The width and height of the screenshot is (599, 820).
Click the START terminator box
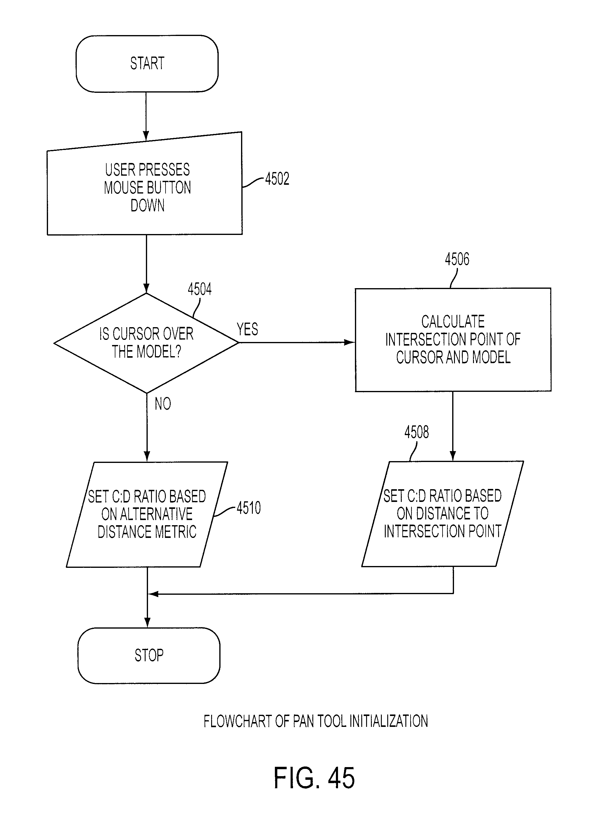point(147,63)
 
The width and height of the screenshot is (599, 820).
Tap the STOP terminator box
point(149,655)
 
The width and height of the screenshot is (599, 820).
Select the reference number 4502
point(277,179)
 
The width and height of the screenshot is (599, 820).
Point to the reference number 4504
point(199,289)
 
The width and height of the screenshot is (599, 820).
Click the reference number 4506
point(457,259)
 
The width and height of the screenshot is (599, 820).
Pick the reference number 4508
point(416,432)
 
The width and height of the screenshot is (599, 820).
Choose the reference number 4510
point(249,508)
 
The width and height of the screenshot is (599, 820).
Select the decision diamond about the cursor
point(146,343)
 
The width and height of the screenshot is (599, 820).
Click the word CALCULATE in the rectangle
point(453,321)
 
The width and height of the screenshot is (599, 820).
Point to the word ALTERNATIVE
point(147,514)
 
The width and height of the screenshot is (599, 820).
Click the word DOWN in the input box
point(147,205)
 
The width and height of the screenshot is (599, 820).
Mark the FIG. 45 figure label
point(314,778)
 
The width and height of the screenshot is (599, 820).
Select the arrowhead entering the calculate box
point(349,342)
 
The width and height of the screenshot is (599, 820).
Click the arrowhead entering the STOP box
point(147,623)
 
